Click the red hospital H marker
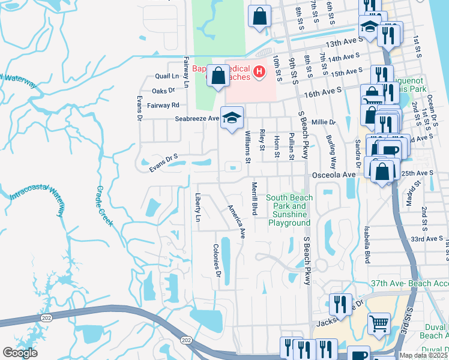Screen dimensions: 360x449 tap(259, 73)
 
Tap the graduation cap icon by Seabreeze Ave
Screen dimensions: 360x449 tap(231, 117)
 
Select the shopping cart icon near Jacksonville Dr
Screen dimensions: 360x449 tap(378, 324)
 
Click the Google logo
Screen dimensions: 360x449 tap(20, 353)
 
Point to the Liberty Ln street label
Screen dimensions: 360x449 tap(198, 208)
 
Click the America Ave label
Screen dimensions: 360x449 tap(236, 223)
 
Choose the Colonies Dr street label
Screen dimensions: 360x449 tap(218, 261)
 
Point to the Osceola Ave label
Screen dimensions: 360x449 tap(333, 175)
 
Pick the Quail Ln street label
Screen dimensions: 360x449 tap(167, 77)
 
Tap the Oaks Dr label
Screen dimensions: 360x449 tap(163, 91)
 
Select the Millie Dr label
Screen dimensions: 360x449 tap(324, 122)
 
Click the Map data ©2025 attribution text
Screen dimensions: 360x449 tap(424, 355)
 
